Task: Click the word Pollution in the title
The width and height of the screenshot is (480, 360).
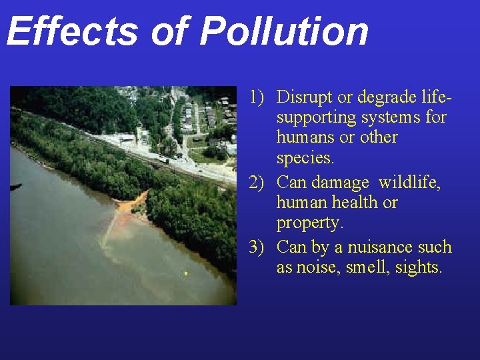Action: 284,31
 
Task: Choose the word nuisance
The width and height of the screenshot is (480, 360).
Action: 372,247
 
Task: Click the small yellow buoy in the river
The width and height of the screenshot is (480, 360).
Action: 185,273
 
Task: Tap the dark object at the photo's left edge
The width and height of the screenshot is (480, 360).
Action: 15,187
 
